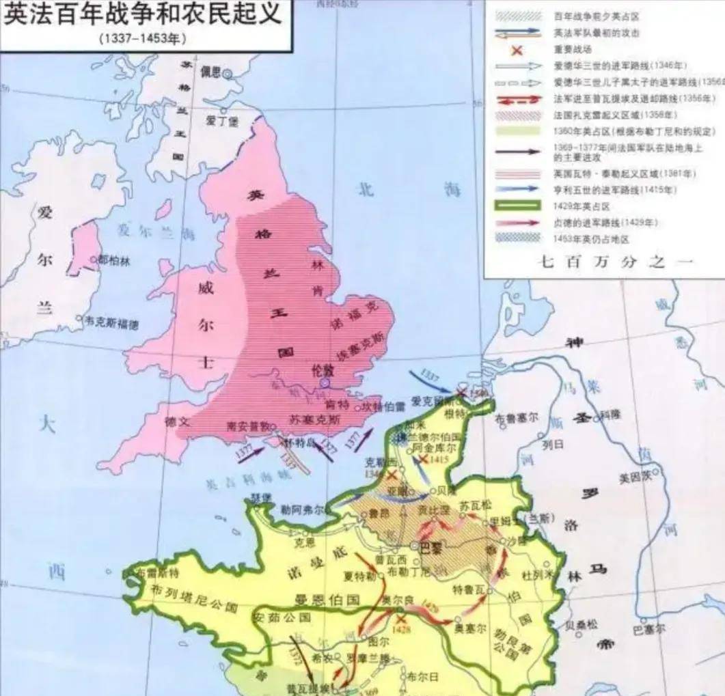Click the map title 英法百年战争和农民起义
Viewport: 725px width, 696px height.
pyautogui.click(x=143, y=15)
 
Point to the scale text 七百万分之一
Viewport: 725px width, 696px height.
pyautogui.click(x=601, y=262)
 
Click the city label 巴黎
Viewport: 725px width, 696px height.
pyautogui.click(x=430, y=546)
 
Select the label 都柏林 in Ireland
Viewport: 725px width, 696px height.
pyautogui.click(x=113, y=260)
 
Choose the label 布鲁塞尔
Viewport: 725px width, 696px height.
pyautogui.click(x=517, y=415)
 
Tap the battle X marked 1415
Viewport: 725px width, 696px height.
pyautogui.click(x=424, y=460)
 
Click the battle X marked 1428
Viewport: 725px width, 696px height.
pyautogui.click(x=401, y=620)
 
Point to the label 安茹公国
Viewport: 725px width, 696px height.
pyautogui.click(x=282, y=617)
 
